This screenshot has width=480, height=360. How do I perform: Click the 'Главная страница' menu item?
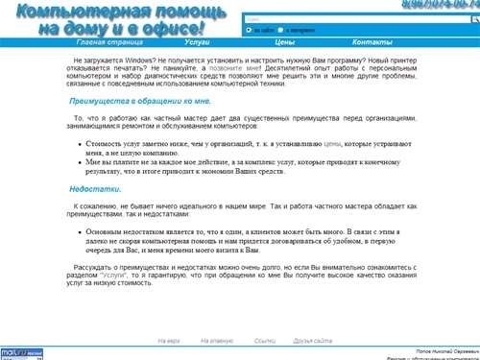point(105,43)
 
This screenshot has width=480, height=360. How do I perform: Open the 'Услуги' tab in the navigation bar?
point(198,43)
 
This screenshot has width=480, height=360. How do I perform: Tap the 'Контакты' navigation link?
point(372,43)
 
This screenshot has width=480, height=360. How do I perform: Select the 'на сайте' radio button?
point(250,30)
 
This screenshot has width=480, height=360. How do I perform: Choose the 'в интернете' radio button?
point(285,30)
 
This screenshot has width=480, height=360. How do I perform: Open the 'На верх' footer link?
point(169,341)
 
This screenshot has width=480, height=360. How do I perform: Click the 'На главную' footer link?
point(217,341)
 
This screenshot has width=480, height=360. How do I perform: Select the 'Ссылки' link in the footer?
point(265,341)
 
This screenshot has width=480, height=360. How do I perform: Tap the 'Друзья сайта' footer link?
point(313,341)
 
